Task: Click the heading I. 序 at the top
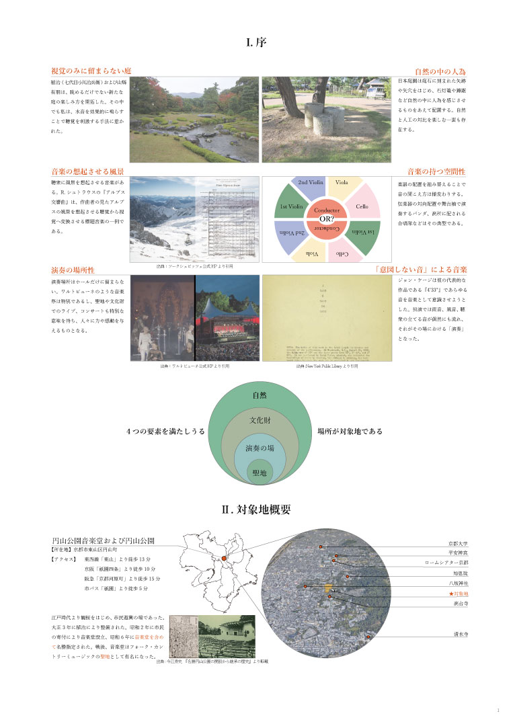coord(257,43)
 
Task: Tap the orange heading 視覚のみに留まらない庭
coord(91,71)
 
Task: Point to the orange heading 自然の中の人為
coord(440,71)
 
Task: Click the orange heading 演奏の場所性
coord(72,270)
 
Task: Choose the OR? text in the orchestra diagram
coord(327,219)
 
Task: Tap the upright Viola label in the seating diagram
coord(341,183)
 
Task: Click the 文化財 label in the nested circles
coord(260,420)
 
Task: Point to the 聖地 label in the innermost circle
coord(260,473)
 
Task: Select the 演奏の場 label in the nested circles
coord(260,448)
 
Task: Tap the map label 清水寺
coord(461,633)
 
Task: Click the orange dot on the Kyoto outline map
coord(223,559)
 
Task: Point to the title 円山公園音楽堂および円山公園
coord(104,540)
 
